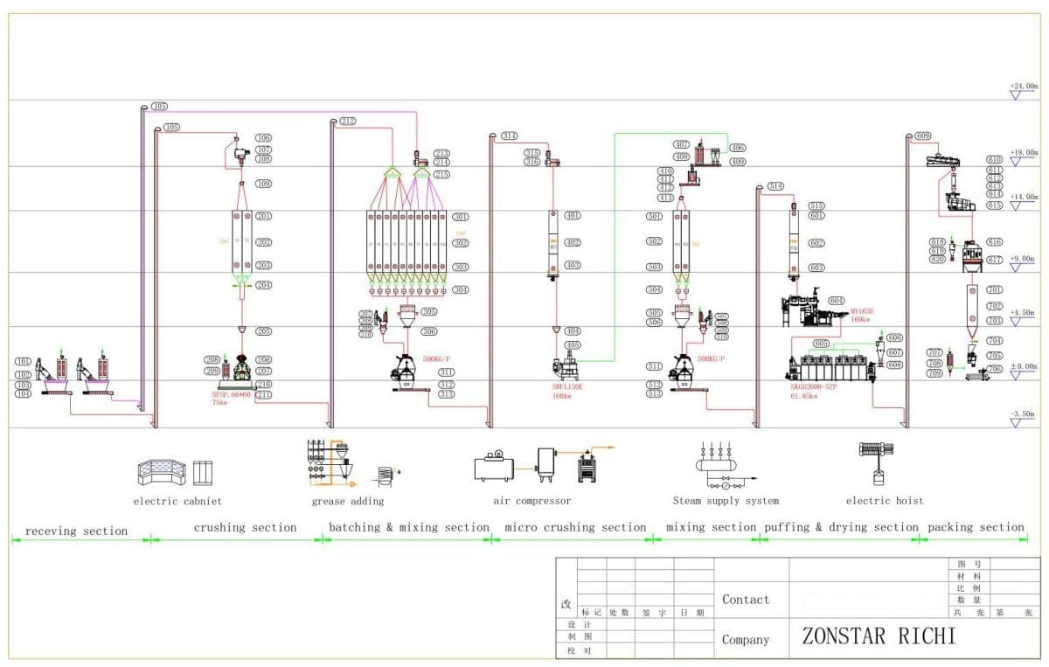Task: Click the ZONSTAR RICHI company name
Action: pos(879,636)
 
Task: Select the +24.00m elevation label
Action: pos(1023,87)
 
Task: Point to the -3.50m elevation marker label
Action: pos(1023,413)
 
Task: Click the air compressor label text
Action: pos(531,501)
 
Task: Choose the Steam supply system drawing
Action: pos(726,467)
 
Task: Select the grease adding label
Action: pos(347,501)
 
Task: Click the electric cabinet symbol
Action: pos(175,473)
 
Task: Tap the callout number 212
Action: pos(348,121)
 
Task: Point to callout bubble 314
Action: pos(509,136)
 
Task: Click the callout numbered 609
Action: pos(923,136)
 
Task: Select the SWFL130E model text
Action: pos(568,386)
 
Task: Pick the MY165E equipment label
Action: pos(861,311)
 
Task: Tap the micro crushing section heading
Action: pos(575,527)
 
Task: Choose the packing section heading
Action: pos(976,527)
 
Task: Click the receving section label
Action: pos(76,531)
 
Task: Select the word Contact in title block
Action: pos(746,600)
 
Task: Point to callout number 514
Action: pos(775,186)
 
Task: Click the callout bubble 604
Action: pos(837,300)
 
